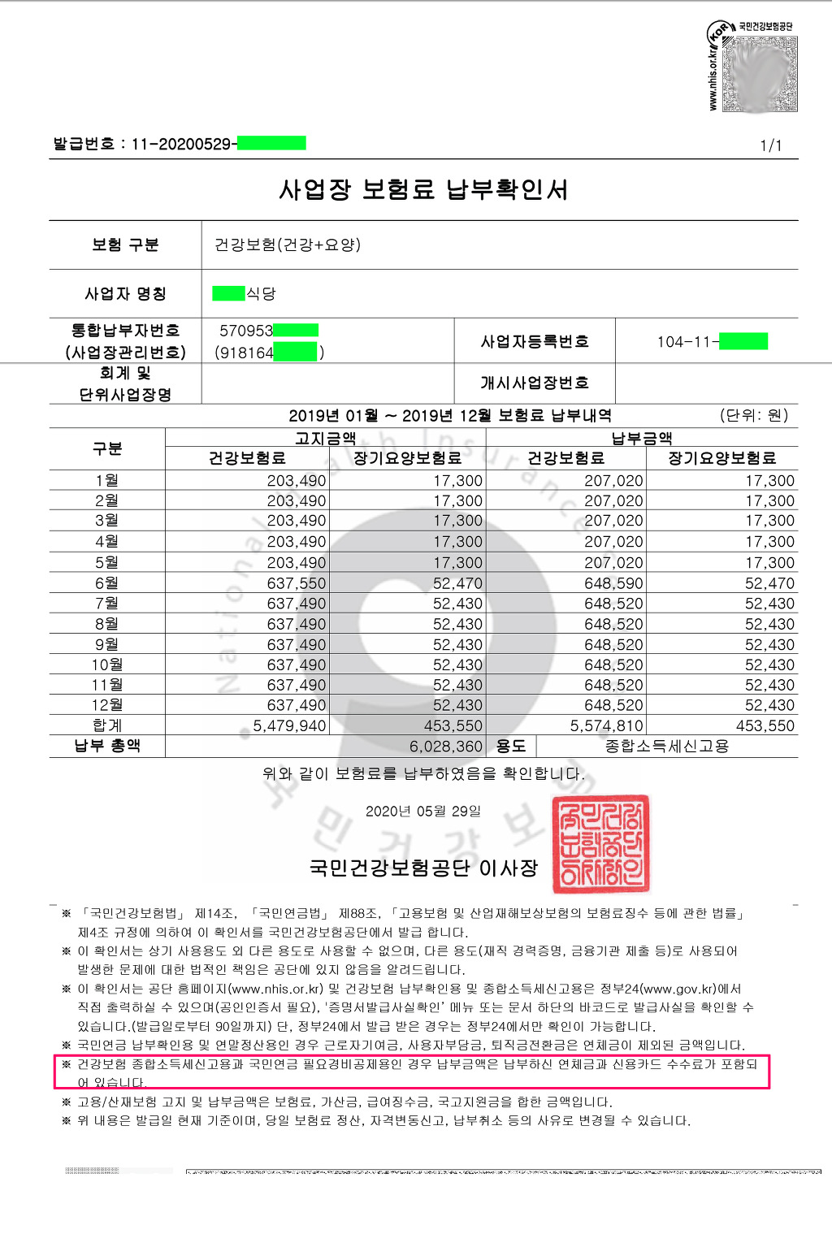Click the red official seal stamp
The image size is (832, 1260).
601,844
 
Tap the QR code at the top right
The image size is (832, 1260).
760,73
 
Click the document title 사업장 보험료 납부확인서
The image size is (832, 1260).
423,190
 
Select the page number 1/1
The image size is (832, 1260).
770,145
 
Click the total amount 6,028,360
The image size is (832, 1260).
446,746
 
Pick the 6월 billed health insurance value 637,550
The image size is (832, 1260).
297,583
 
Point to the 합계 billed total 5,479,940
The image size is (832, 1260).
289,725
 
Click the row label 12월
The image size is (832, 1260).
106,705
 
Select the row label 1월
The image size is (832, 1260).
106,480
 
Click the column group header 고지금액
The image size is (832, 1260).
325,439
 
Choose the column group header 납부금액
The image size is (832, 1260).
642,439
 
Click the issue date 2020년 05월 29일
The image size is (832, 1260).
423,811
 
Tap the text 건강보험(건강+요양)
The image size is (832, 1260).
288,245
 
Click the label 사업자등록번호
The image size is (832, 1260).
535,341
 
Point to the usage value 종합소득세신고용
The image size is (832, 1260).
667,746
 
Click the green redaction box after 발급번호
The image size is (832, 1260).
271,144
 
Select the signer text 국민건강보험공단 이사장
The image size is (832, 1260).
423,868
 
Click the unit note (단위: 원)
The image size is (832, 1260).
754,415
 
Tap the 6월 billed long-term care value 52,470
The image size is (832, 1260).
457,583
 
